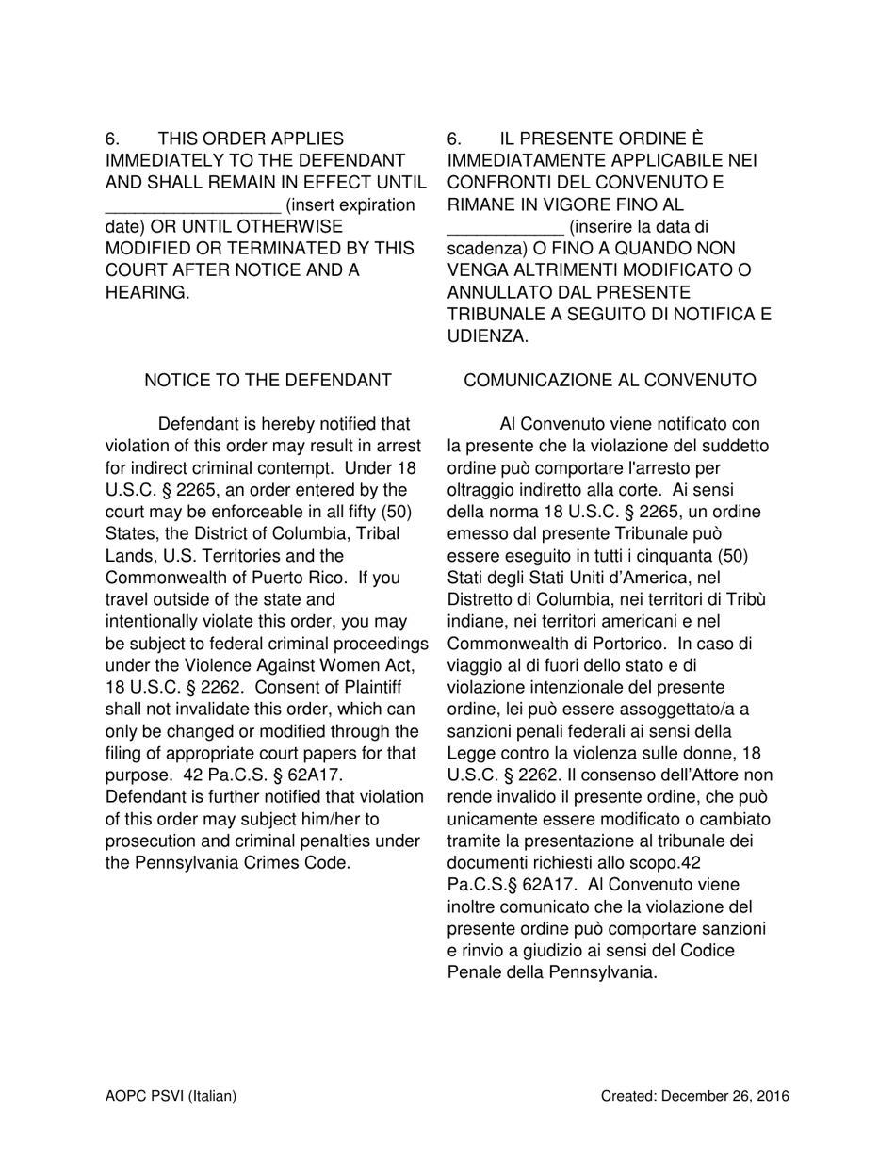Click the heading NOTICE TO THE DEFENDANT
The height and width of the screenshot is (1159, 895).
tap(268, 381)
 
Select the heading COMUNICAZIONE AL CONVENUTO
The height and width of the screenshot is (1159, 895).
tap(610, 381)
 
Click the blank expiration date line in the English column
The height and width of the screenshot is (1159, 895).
tap(192, 205)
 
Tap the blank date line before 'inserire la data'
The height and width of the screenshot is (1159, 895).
tap(505, 227)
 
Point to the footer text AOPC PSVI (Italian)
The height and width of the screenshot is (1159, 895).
tap(171, 1096)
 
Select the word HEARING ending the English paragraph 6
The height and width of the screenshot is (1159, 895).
tap(147, 293)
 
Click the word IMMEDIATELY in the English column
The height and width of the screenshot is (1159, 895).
tap(161, 161)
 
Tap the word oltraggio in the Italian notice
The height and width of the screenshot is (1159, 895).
tap(482, 490)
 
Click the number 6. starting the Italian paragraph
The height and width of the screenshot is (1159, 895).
tap(454, 139)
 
